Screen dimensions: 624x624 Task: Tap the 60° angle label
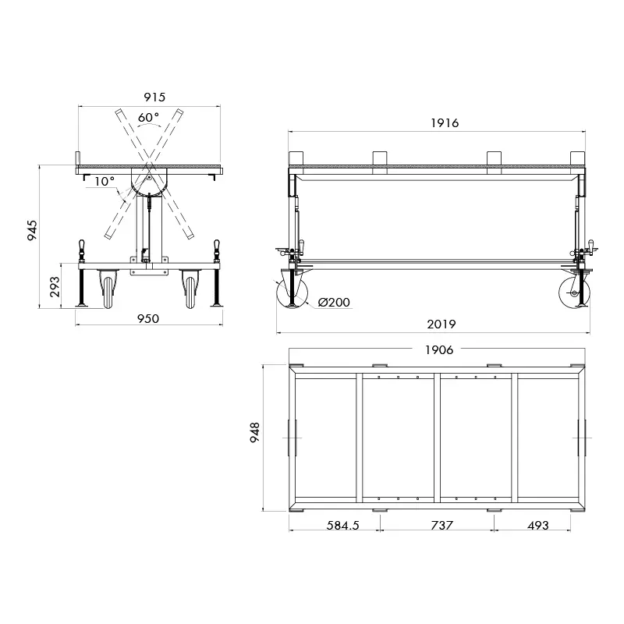coord(148,118)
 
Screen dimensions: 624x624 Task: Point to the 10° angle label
coord(105,181)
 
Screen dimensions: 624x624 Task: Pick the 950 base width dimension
coord(148,318)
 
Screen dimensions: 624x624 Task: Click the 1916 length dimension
coord(445,122)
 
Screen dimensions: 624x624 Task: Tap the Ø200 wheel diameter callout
coord(334,303)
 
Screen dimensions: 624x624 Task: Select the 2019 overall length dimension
coord(441,324)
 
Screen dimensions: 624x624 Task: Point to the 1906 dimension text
coord(438,350)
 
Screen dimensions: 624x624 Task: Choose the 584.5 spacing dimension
coord(342,526)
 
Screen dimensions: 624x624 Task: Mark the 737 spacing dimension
coord(441,526)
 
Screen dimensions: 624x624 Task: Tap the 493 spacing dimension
coord(538,526)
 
